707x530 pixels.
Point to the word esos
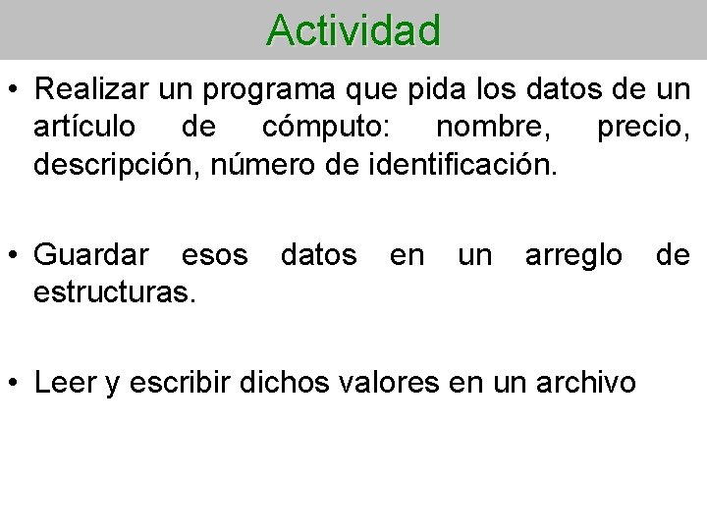(215, 255)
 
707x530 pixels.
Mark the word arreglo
(573, 255)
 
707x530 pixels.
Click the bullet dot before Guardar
(17, 255)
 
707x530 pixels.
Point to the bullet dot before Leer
(17, 383)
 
